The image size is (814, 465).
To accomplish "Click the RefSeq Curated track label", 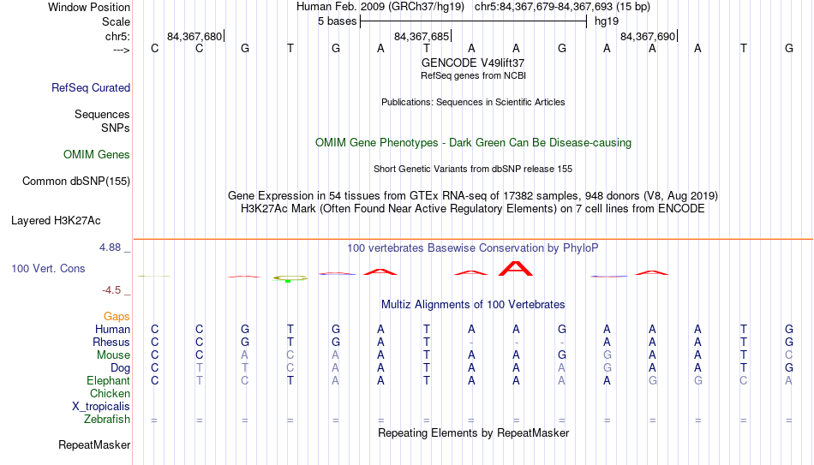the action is (x=91, y=87).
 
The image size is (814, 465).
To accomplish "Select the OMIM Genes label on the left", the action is (x=97, y=155).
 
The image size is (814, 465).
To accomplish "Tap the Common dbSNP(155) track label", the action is (x=76, y=182).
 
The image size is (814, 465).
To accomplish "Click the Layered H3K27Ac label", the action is (x=56, y=221).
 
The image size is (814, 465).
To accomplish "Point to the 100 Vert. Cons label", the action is (x=48, y=268).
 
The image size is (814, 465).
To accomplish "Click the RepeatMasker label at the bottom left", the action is (x=94, y=444).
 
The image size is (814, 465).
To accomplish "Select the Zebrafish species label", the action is (x=107, y=420).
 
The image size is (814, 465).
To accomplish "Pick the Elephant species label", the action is (x=109, y=381).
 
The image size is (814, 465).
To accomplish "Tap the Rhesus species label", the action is (x=111, y=342).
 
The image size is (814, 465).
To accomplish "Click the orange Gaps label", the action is (x=117, y=317).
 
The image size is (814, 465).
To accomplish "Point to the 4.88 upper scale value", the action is (x=110, y=247).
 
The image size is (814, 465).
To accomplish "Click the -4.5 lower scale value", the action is (x=111, y=290).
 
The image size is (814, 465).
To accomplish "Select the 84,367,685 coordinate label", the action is (x=422, y=36).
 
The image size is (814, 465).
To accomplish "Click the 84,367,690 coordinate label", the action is (x=648, y=36).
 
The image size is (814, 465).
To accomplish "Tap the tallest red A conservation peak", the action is (x=516, y=268).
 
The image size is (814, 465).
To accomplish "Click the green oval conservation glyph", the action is (x=290, y=278).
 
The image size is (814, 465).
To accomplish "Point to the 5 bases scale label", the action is (x=338, y=21).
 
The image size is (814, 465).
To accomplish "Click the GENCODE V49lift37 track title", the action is (x=473, y=63).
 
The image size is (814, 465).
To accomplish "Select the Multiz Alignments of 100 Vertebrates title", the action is (x=473, y=305).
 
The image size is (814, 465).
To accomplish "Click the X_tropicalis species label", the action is (x=101, y=407).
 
